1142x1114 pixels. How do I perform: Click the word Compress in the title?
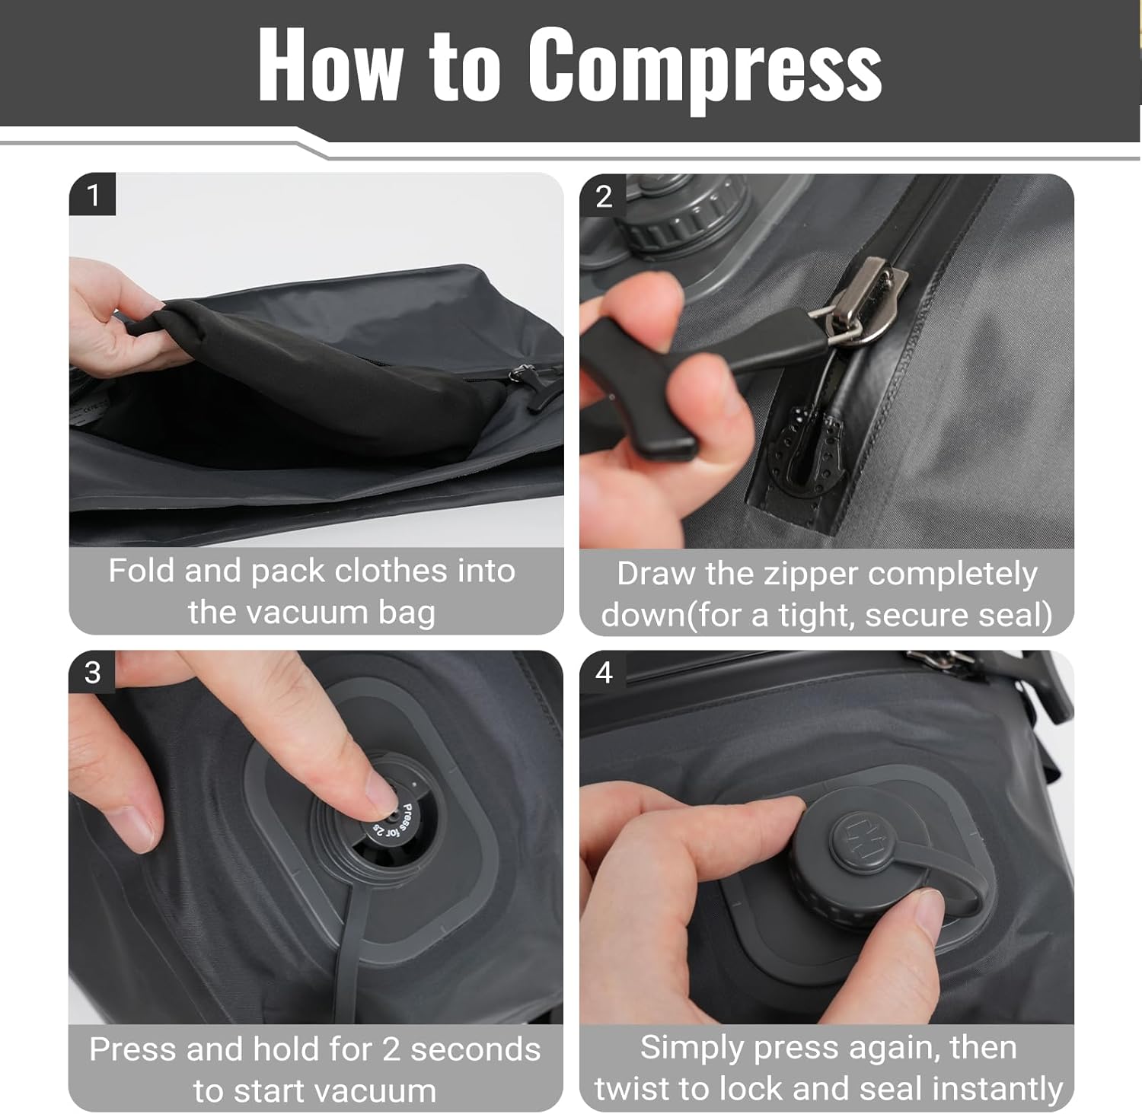[704, 65]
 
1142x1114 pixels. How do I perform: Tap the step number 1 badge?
[93, 196]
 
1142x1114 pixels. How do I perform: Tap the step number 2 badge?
[604, 197]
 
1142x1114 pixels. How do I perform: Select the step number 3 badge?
[92, 673]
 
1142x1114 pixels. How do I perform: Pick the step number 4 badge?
[604, 673]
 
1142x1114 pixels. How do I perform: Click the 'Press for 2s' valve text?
[396, 822]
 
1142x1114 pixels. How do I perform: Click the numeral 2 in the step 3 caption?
[391, 1049]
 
